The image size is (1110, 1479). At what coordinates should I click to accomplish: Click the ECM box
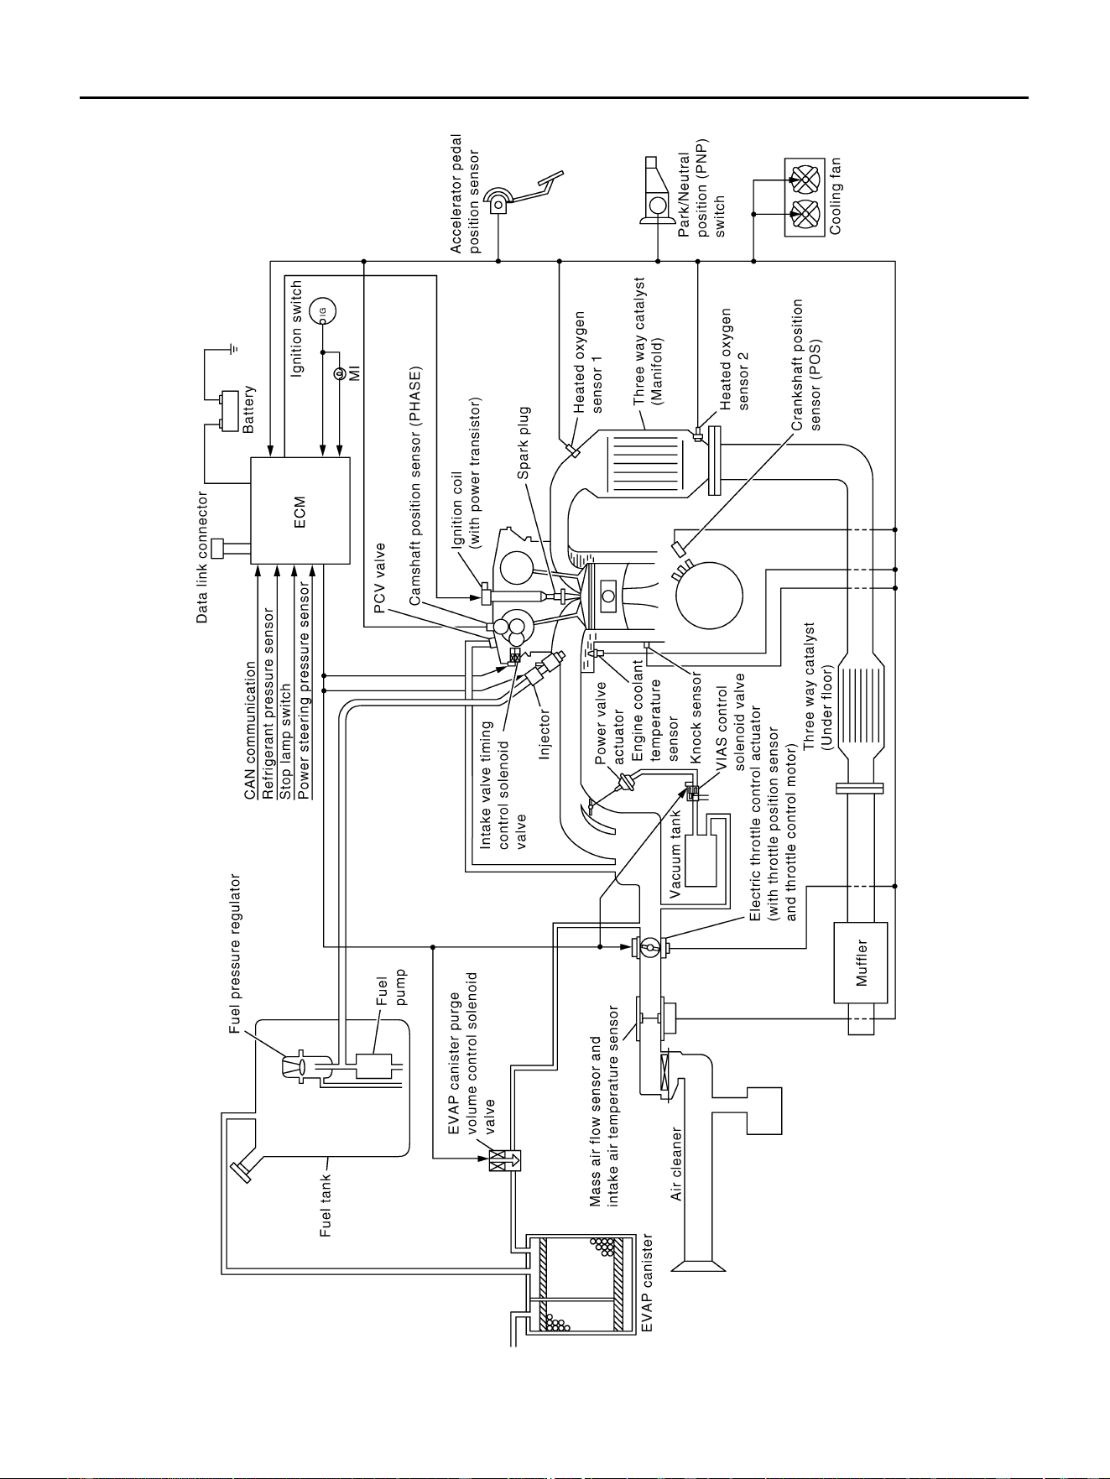tap(300, 510)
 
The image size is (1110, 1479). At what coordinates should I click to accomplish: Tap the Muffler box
tap(861, 962)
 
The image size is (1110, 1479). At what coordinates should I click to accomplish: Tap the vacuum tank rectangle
tap(701, 861)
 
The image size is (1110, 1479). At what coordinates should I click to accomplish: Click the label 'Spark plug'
tap(524, 443)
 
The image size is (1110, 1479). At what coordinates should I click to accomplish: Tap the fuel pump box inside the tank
tap(369, 1066)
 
